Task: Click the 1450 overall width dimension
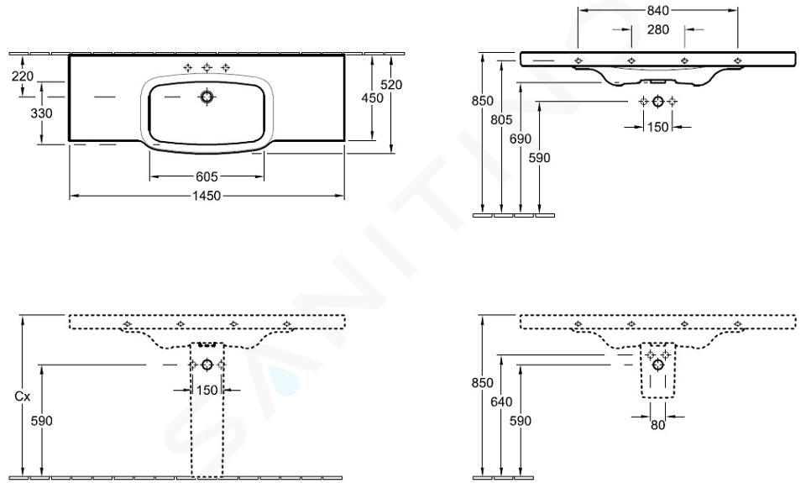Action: (207, 196)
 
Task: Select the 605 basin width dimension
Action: (207, 177)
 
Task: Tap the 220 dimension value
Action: (23, 76)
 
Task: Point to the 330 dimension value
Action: (42, 113)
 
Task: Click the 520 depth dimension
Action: (392, 84)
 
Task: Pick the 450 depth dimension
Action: (372, 97)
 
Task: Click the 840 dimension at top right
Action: (658, 10)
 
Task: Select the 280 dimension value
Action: (658, 30)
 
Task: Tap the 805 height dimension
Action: (501, 119)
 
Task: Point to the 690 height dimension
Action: (521, 139)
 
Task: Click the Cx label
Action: (22, 396)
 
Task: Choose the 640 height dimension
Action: (501, 402)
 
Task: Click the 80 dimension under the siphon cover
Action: (658, 425)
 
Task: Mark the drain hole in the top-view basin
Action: (207, 97)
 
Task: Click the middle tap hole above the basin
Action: (207, 67)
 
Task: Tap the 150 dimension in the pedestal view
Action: (207, 391)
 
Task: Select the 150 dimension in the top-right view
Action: (658, 127)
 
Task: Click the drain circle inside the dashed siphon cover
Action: (658, 365)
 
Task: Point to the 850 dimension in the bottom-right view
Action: (482, 383)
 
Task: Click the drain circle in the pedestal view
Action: (207, 365)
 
